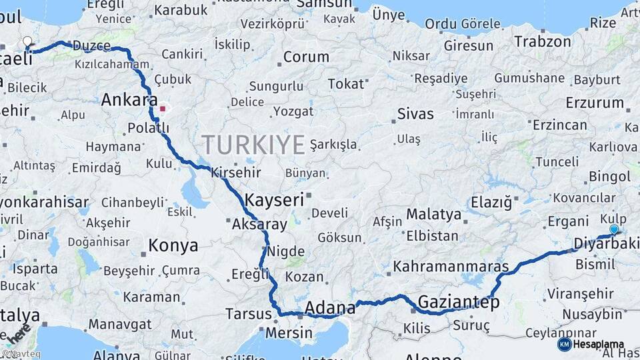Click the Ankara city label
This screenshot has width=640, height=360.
point(129,101)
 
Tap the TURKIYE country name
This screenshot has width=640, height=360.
point(253,145)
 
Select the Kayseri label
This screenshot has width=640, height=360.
point(274,199)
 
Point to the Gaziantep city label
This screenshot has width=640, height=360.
point(459,303)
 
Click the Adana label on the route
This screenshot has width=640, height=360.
point(330,308)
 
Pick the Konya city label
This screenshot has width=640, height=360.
point(173,245)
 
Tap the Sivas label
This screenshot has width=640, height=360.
point(415,114)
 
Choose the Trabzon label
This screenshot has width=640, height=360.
point(542,41)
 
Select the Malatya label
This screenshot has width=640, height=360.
point(434,215)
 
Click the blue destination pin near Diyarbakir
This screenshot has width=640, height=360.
point(614,229)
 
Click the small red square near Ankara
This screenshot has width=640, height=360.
point(162,108)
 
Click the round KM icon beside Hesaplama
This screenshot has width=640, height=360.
point(564,344)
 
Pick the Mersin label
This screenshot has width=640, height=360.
point(289,333)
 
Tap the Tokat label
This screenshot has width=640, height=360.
point(346,84)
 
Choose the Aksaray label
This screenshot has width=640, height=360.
point(259,225)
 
